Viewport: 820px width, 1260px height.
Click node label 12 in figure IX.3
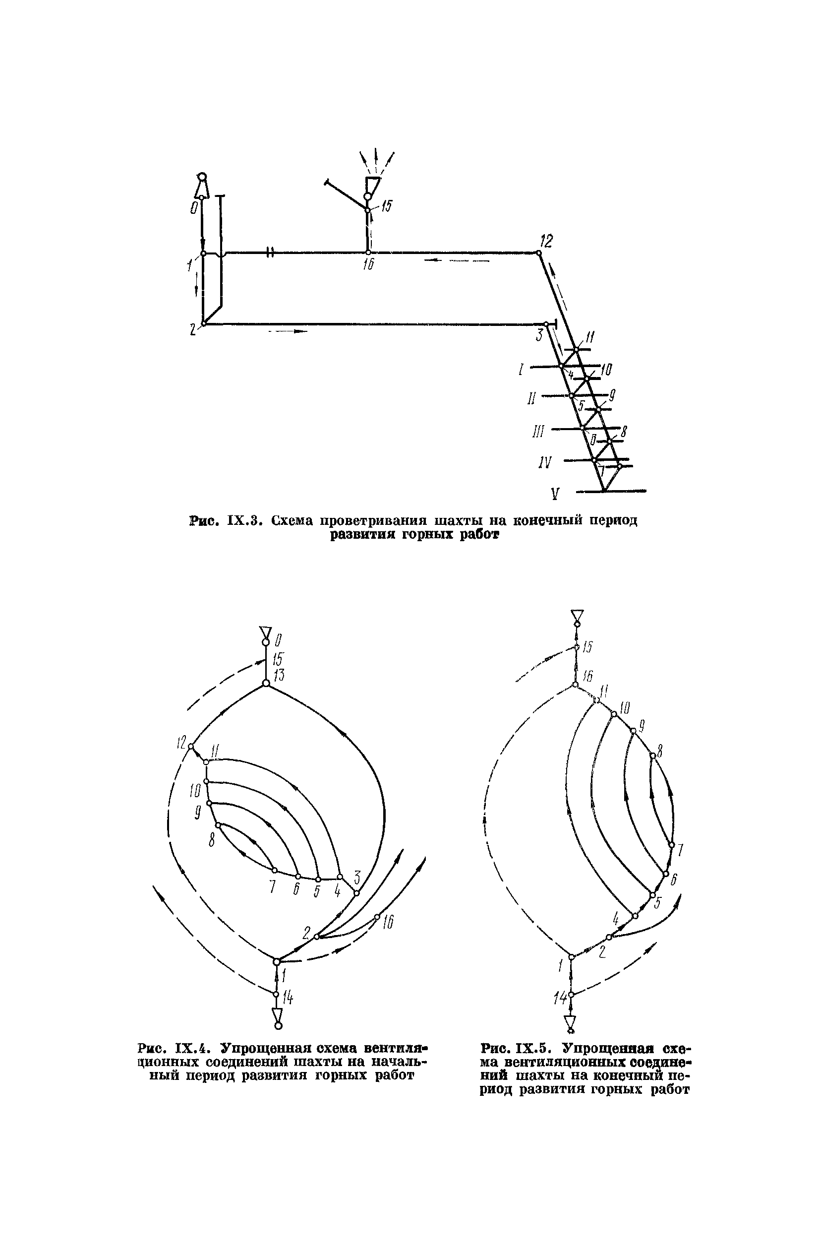point(546,242)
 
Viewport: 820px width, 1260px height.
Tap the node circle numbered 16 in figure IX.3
point(368,252)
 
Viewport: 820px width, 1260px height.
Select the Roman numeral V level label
point(554,495)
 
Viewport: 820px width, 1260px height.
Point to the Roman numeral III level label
point(538,432)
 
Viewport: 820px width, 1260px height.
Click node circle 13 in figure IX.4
point(266,684)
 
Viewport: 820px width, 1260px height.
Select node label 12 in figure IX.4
point(182,743)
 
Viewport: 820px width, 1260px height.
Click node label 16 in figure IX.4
point(388,923)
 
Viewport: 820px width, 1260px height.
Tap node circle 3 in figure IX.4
point(356,893)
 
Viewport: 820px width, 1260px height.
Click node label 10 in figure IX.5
point(625,708)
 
